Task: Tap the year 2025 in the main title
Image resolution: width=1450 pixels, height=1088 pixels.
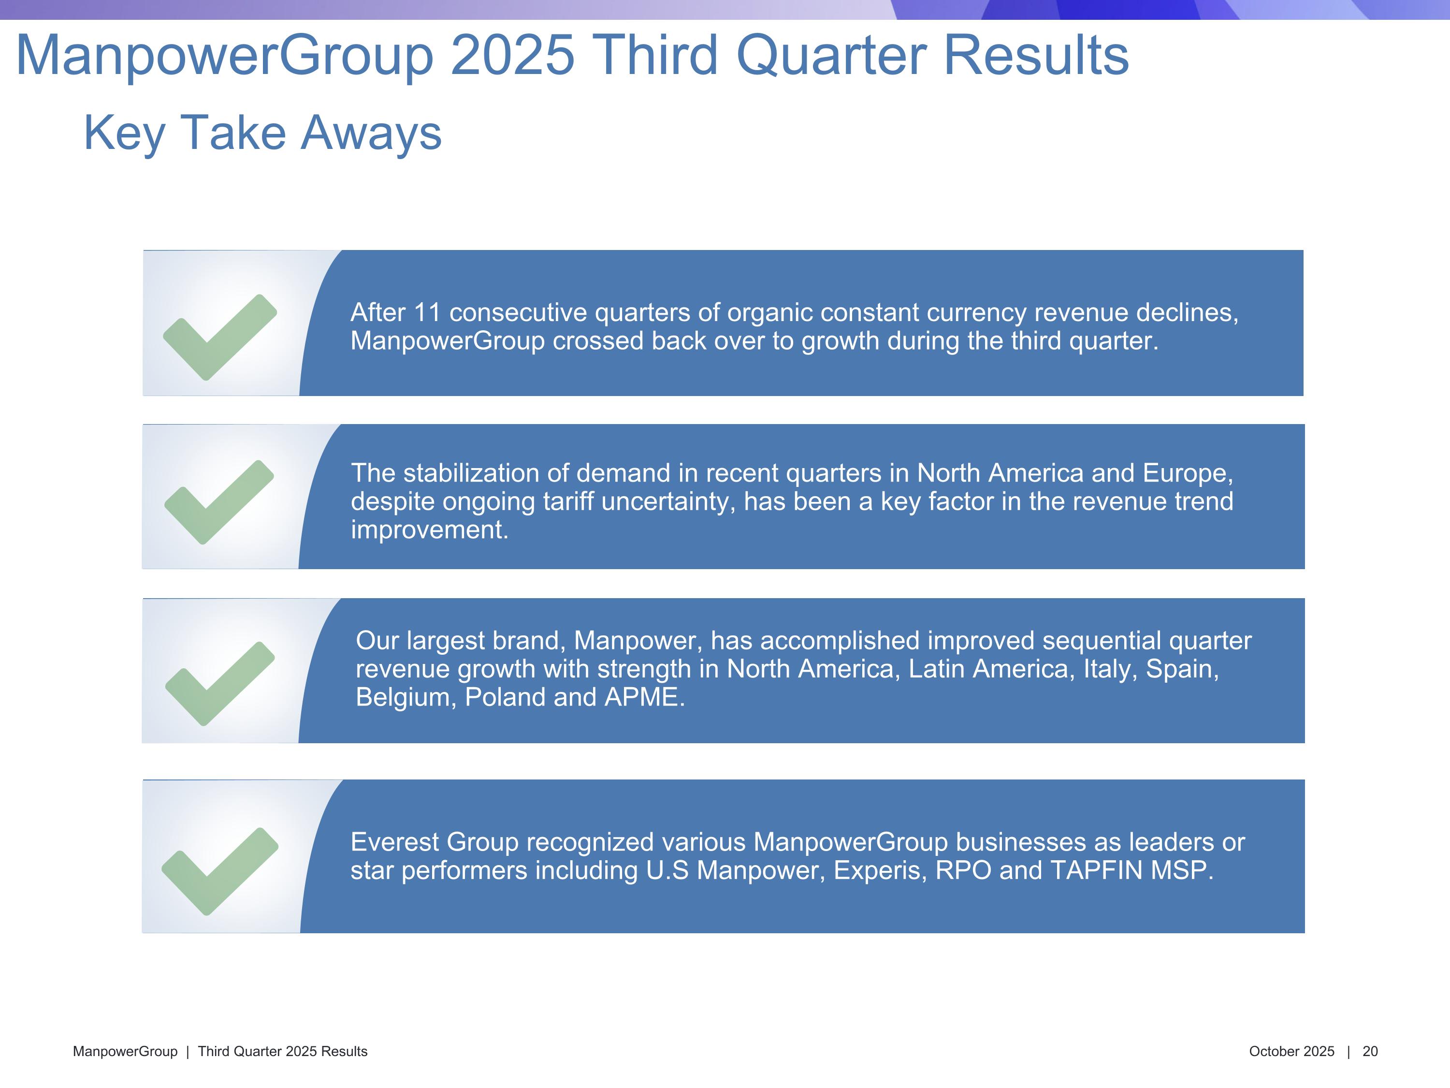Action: tap(513, 55)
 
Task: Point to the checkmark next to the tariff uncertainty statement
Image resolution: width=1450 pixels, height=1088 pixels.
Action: tap(219, 502)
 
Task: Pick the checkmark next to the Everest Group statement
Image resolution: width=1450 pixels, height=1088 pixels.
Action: tap(219, 871)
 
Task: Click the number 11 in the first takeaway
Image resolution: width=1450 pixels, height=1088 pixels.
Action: tap(427, 313)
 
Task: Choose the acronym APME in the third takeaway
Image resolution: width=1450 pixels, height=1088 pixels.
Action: tap(644, 697)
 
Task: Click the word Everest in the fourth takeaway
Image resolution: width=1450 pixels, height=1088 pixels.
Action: tap(394, 843)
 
